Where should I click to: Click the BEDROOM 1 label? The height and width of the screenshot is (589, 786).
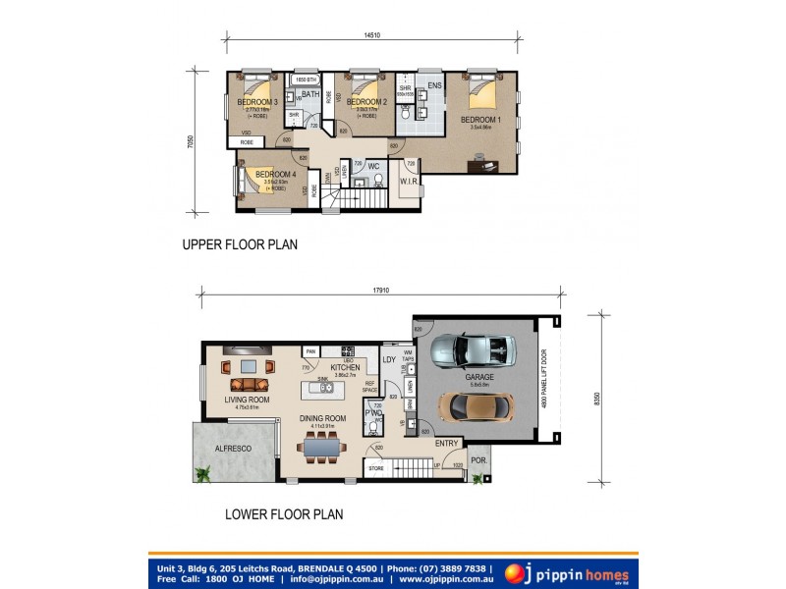coord(480,119)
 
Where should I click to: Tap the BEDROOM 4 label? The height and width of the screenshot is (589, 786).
coord(275,175)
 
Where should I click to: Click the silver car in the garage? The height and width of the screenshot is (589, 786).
coord(473,348)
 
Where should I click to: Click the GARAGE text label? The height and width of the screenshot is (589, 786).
coord(479,377)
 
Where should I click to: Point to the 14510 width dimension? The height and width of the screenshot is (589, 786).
coord(372,37)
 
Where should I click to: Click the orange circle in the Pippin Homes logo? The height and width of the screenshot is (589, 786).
coord(514,572)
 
